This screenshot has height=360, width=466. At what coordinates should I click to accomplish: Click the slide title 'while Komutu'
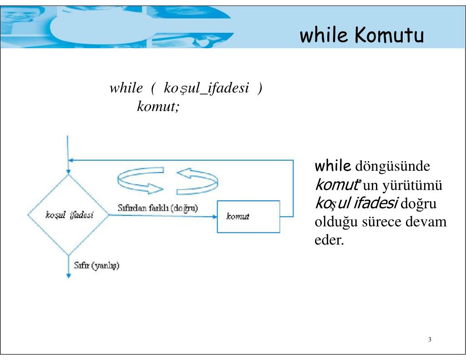pos(361,35)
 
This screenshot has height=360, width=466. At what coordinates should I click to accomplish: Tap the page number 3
pos(430,340)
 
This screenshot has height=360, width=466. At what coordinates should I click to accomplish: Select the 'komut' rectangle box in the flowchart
pos(248,217)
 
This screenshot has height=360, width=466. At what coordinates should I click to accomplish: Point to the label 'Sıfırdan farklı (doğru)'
pos(157,208)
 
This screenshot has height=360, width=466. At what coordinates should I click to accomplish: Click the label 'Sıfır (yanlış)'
pos(96,265)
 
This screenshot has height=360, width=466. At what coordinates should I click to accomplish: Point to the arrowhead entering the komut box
pos(215,217)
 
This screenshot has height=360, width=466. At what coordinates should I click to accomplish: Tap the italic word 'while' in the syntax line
pos(126,88)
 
